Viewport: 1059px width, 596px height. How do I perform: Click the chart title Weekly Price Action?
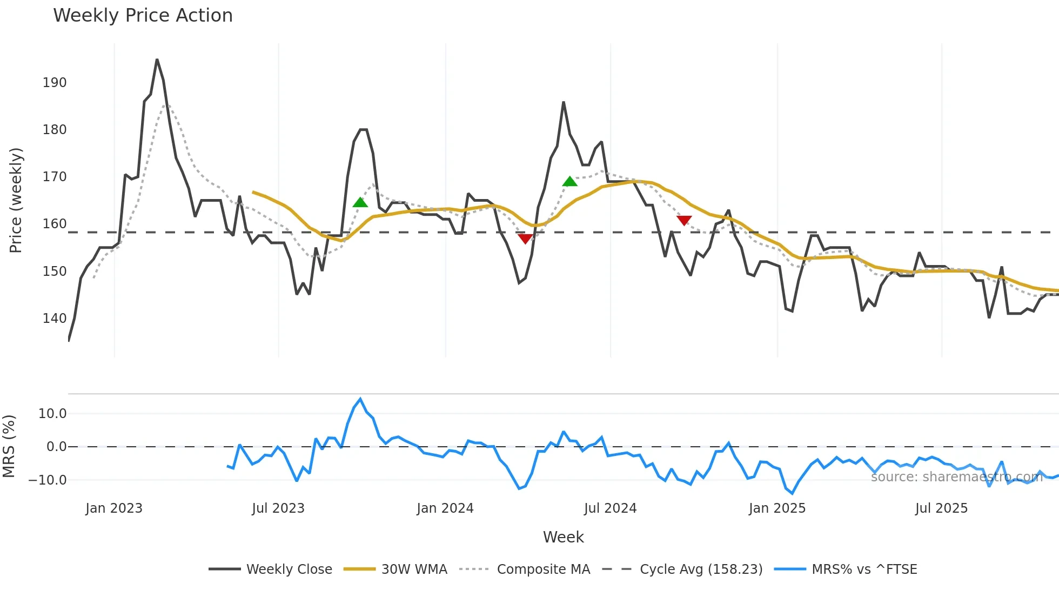143,16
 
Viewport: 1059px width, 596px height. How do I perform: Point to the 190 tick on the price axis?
55,83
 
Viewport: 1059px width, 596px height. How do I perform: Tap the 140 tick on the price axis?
55,319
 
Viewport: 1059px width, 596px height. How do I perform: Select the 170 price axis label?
55,177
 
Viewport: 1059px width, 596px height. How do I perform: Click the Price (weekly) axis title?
16,200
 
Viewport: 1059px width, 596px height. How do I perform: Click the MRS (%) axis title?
9,446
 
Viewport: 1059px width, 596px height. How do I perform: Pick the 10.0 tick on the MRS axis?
52,414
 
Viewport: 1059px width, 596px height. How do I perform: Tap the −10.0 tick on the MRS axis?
48,480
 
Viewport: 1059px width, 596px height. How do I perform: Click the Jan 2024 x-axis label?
445,508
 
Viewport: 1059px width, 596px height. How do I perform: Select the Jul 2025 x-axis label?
941,508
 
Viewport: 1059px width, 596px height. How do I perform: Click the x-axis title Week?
563,537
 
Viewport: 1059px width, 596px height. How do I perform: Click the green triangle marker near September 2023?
360,203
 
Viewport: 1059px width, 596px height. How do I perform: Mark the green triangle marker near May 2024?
569,182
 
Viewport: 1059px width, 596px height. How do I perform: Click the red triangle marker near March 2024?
525,239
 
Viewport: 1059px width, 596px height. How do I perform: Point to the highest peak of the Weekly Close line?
157,59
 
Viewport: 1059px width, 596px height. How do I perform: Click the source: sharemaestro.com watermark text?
956,477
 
